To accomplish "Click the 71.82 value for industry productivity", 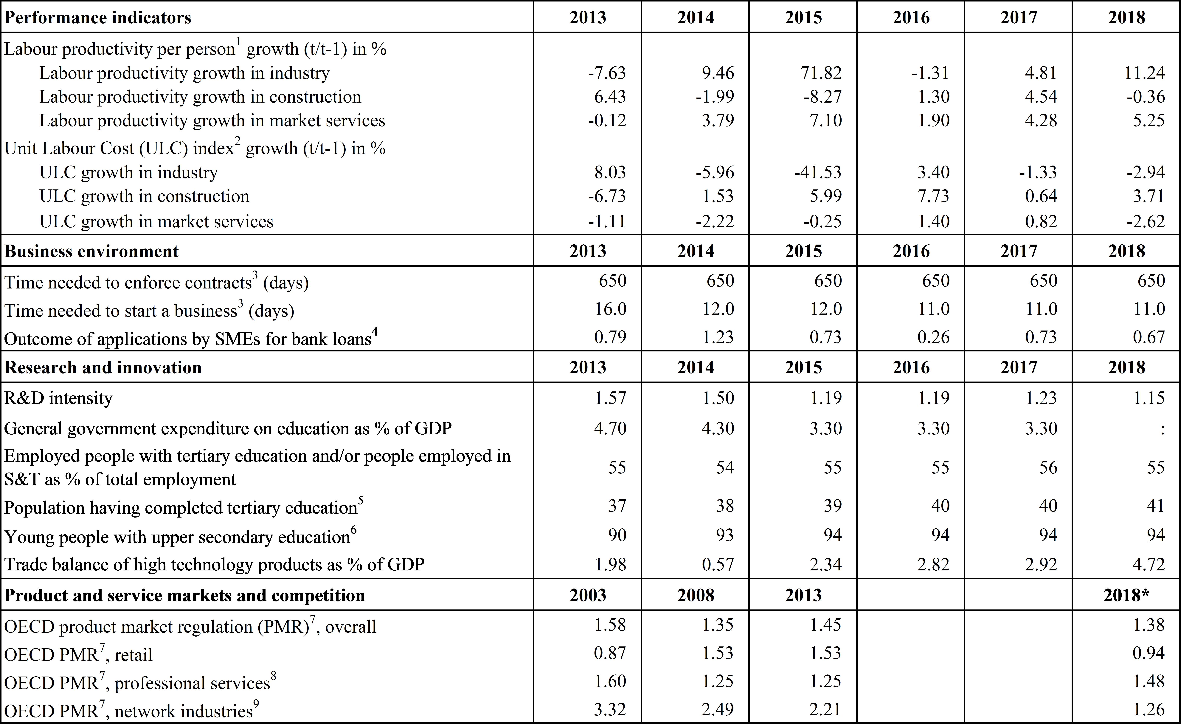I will point(821,73).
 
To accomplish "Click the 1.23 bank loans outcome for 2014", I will point(718,337).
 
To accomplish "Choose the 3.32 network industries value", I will point(610,709).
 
